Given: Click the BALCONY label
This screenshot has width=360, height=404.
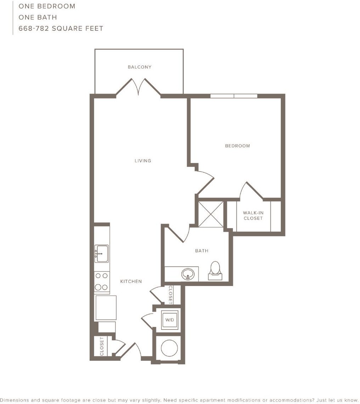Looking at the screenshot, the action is (139, 67).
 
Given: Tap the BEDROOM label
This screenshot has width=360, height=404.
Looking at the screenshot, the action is (238, 146).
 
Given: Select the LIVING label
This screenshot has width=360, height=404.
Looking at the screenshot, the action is (143, 161).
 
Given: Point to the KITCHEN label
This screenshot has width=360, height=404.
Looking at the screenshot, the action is (131, 281).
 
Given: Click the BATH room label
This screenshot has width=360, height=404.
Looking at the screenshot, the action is (202, 251).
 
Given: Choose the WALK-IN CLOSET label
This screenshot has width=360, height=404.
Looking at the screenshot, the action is (253, 216).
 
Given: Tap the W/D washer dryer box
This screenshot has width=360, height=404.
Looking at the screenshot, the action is (170, 320).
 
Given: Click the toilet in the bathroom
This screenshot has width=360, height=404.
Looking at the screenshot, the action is (215, 271).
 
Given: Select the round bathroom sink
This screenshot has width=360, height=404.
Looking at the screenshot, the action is (188, 274).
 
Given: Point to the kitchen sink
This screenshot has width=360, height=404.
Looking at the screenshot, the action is (101, 253).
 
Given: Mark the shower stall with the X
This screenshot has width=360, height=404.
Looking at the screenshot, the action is (211, 214).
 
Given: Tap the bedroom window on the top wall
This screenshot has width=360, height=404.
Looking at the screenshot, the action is (234, 96).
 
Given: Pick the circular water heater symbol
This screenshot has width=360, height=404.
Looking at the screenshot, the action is (169, 348).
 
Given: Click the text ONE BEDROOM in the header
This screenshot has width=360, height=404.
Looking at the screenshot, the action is (47, 6).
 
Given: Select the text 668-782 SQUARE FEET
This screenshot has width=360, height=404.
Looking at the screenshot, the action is (61, 28).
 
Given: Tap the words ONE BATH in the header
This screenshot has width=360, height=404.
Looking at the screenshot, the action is (38, 17).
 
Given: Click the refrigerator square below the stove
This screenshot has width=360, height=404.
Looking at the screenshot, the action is (106, 308).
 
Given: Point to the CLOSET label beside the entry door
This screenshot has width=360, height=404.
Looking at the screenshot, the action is (102, 347).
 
